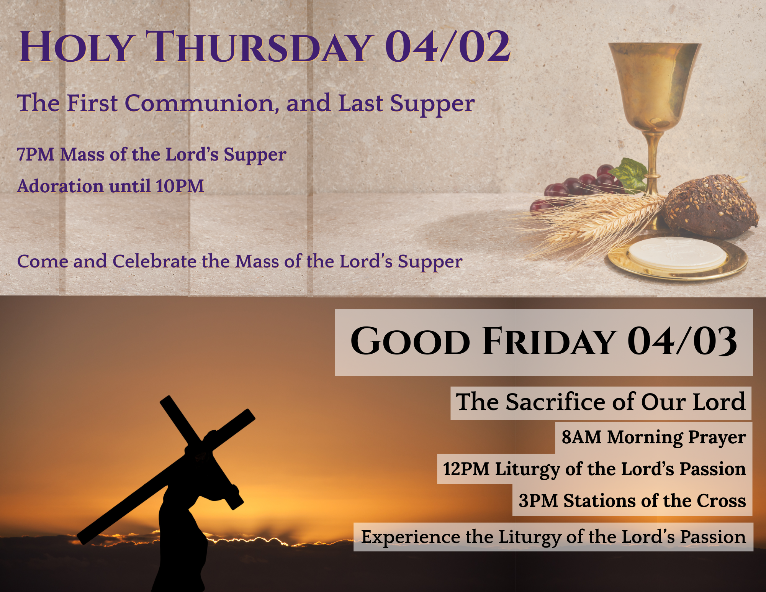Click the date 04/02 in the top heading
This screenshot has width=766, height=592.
click(x=447, y=47)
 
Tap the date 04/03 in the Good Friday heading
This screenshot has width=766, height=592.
click(x=682, y=341)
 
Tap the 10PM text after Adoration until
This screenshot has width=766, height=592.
click(x=180, y=186)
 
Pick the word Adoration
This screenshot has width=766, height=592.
click(x=60, y=186)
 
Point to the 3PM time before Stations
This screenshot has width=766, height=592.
click(x=538, y=501)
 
